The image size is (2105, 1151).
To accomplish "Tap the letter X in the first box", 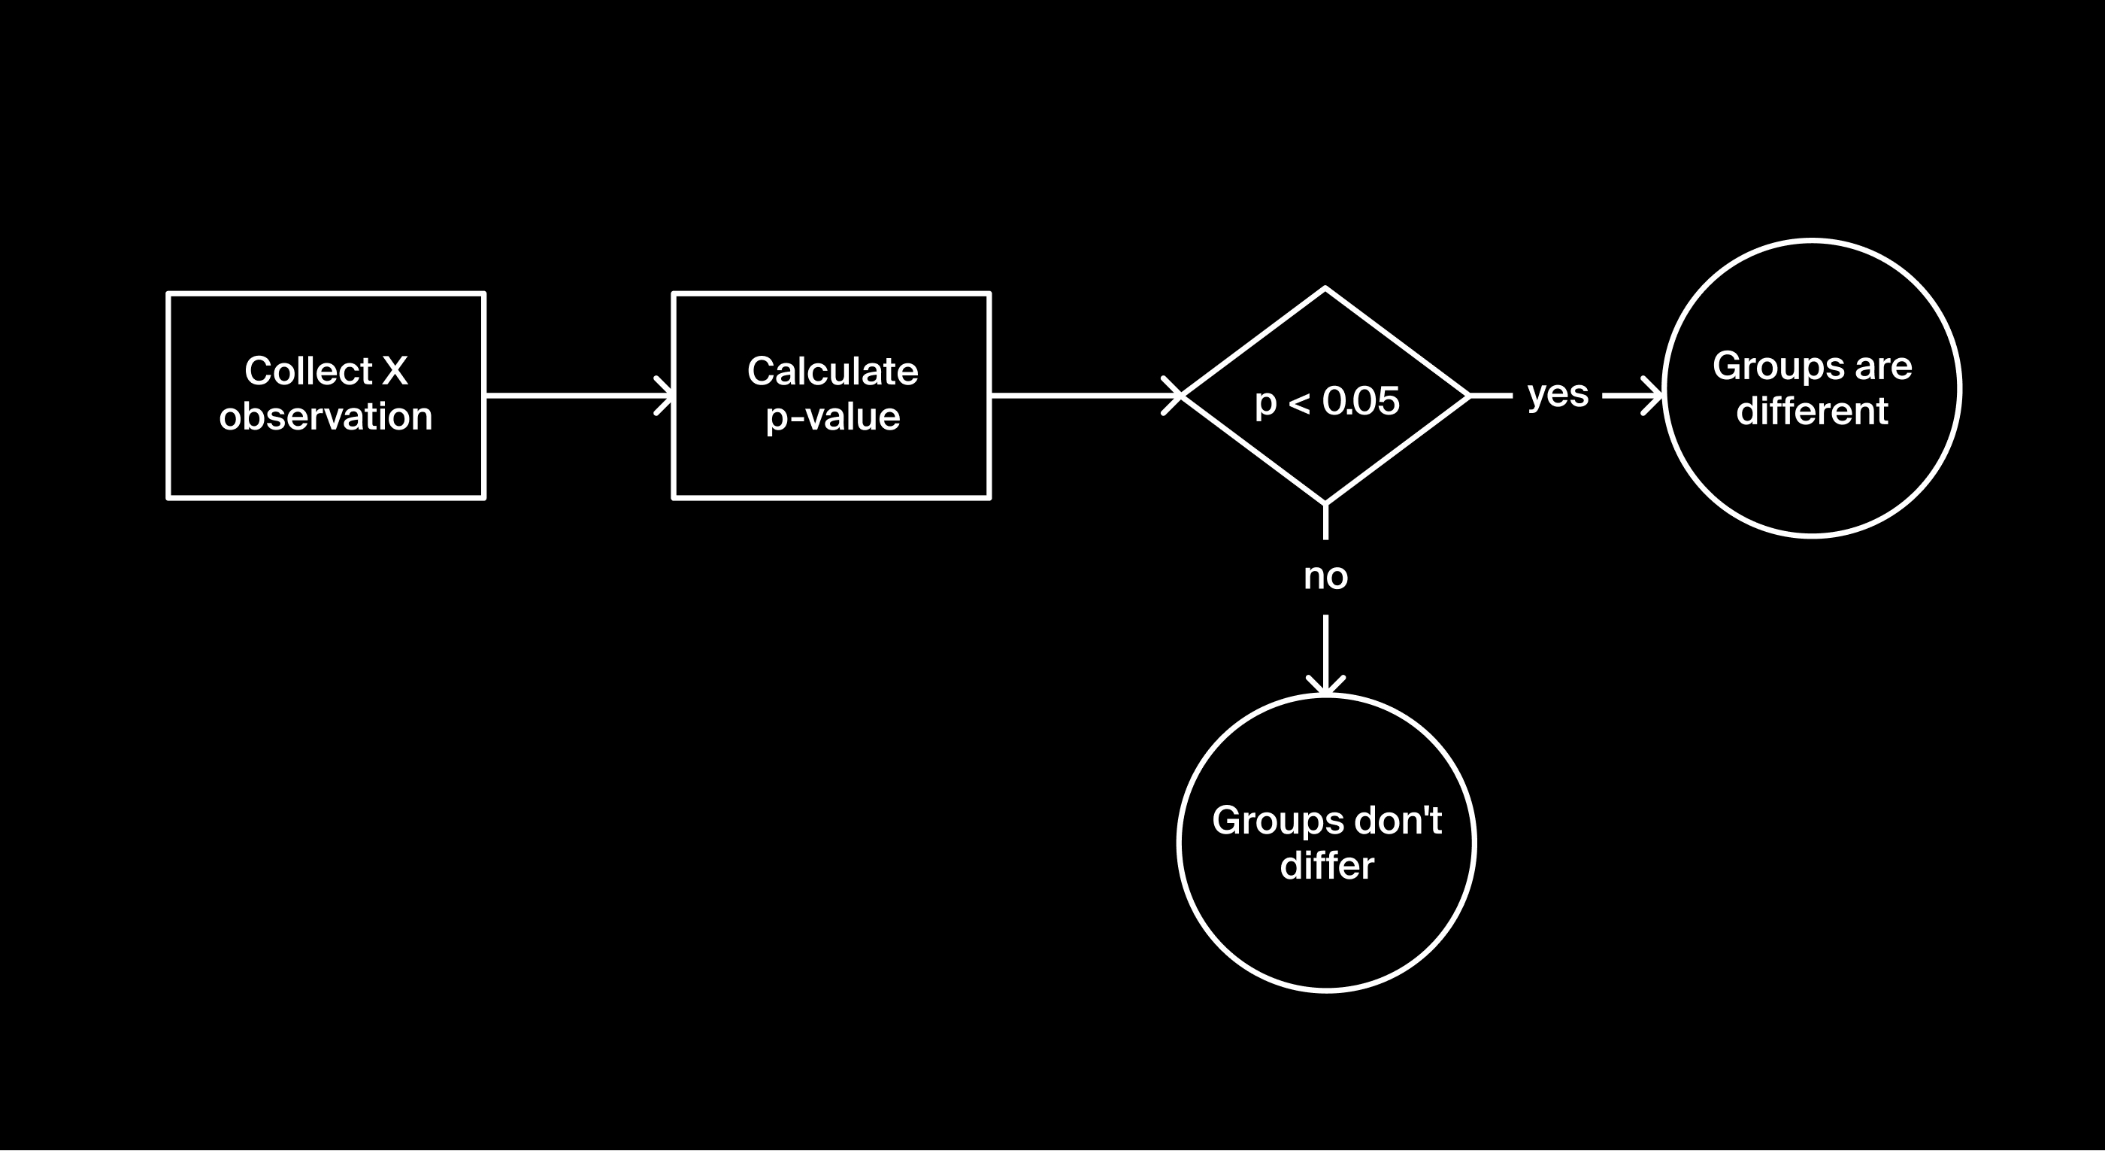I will (395, 371).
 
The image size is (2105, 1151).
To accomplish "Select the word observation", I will (326, 416).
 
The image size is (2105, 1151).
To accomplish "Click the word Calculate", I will (832, 371).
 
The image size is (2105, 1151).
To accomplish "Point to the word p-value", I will (832, 417).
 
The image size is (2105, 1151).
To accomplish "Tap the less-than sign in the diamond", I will (1298, 402).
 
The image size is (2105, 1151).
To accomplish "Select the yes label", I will (1558, 395).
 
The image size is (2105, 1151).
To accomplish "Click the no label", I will (1325, 577).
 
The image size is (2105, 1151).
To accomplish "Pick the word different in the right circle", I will (1812, 412).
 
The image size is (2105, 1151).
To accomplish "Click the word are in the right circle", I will (1882, 367).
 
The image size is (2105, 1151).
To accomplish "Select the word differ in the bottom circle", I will (1326, 866).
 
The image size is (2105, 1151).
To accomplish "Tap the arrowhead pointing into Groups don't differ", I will (1325, 687).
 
